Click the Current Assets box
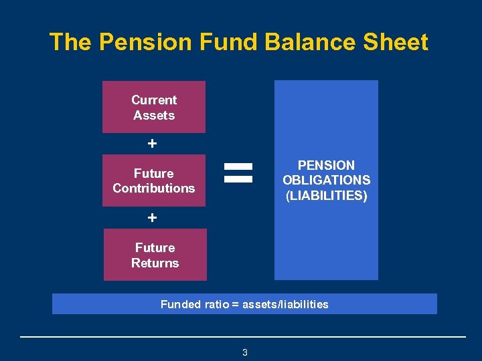(x=153, y=107)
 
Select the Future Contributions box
(x=153, y=180)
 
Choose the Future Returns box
(x=155, y=255)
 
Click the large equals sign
(x=238, y=172)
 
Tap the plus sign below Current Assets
(x=153, y=144)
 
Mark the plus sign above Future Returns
(x=153, y=218)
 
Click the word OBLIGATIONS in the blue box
(x=326, y=180)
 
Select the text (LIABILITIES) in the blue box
(x=326, y=196)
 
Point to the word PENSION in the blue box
(x=326, y=165)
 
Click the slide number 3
(x=244, y=352)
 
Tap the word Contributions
(x=153, y=189)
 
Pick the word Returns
(x=155, y=263)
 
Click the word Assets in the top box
(x=153, y=115)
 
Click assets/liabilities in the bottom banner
(x=285, y=304)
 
